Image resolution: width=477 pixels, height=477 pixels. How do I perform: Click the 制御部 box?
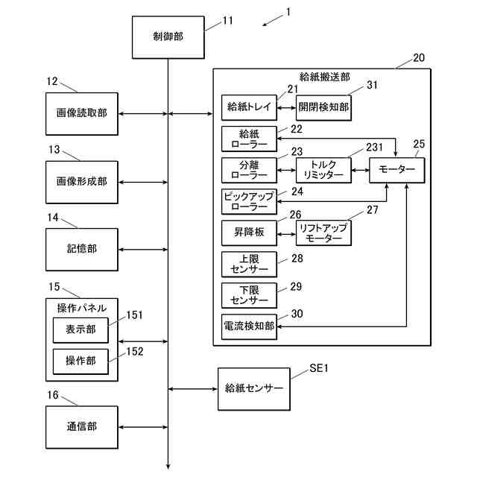click(168, 37)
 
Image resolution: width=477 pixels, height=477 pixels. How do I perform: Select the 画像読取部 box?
click(82, 114)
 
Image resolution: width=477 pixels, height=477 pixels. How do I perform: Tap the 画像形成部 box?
click(82, 182)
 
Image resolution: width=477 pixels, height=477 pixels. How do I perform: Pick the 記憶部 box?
click(82, 250)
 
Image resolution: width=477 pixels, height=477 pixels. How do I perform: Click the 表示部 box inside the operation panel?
click(80, 330)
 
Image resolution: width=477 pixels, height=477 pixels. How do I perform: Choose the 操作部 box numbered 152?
click(80, 361)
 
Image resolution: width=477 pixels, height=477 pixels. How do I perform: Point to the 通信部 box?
click(82, 427)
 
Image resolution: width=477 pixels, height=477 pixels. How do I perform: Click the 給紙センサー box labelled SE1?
click(254, 389)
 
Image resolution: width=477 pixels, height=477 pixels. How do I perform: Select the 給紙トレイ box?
click(249, 107)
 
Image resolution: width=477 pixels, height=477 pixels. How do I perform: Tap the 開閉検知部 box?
click(323, 107)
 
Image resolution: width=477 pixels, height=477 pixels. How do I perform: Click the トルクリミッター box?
click(323, 170)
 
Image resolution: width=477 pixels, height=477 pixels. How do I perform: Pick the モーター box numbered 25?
click(397, 170)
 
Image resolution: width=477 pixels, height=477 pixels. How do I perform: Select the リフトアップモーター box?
click(323, 233)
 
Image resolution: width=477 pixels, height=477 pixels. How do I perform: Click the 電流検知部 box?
click(249, 326)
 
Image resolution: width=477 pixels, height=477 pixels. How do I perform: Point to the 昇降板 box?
click(249, 233)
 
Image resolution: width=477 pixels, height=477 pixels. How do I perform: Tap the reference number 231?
click(374, 148)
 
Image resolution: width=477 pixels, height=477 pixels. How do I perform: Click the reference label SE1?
click(319, 368)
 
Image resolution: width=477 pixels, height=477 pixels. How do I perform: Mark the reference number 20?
click(419, 58)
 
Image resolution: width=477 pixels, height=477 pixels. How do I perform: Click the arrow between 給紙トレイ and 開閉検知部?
click(286, 107)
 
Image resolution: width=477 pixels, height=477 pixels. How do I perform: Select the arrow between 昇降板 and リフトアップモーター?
click(286, 234)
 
